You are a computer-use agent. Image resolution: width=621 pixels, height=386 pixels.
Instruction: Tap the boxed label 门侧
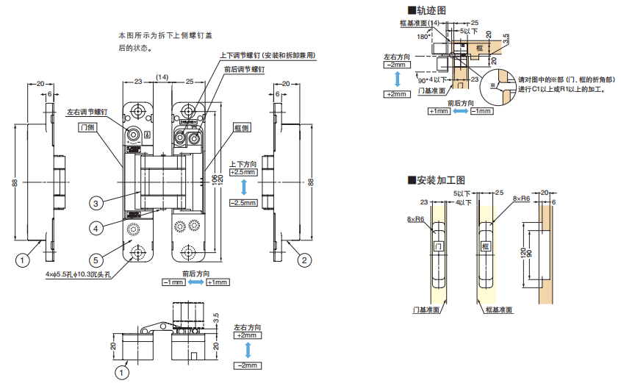tap(87, 127)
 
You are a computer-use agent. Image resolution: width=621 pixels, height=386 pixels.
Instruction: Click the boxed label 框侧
tap(243, 127)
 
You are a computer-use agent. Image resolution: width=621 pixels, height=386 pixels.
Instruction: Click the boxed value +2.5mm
tap(243, 172)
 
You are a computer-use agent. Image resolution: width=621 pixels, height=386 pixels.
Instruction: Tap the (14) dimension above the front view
tap(162, 76)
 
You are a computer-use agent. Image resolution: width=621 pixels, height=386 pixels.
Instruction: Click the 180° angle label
tap(422, 35)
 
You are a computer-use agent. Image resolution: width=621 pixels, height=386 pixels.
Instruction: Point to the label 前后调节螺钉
tap(244, 69)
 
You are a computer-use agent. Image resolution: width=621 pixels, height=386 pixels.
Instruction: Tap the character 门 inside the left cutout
tap(439, 246)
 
